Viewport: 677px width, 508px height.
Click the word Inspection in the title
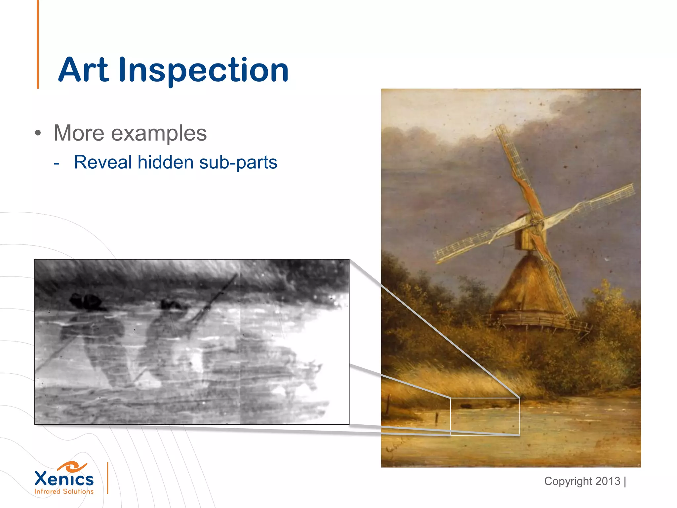pyautogui.click(x=203, y=70)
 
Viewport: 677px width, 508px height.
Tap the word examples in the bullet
pyautogui.click(x=159, y=133)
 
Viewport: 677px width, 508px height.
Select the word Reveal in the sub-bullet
pyautogui.click(x=103, y=162)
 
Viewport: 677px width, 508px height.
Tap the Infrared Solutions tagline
pyautogui.click(x=64, y=491)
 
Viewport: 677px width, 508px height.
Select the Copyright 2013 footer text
pyautogui.click(x=582, y=481)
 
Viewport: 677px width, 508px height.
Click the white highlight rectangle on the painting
pyautogui.click(x=485, y=417)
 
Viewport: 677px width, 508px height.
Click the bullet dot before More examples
pyautogui.click(x=38, y=133)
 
